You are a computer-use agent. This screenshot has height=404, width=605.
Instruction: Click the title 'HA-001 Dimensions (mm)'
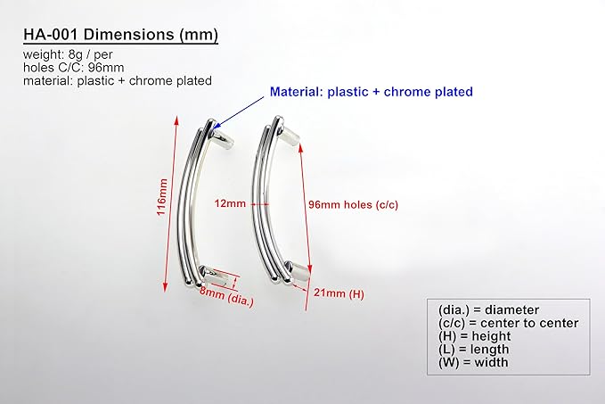click(121, 35)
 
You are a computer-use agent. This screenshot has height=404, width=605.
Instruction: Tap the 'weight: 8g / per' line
click(68, 54)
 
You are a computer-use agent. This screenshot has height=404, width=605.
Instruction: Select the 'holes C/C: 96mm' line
click(74, 68)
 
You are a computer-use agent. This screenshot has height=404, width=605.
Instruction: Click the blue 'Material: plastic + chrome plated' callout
click(372, 92)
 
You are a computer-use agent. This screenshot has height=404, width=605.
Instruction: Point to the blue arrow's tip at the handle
click(214, 128)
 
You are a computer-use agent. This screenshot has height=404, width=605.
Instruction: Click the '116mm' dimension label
click(162, 197)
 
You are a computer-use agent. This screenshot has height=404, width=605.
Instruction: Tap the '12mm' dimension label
click(231, 203)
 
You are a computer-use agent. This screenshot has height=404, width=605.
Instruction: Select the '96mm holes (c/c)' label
click(353, 205)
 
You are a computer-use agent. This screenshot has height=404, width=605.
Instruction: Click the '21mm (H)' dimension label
click(339, 293)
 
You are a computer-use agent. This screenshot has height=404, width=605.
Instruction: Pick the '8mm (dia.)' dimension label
click(227, 297)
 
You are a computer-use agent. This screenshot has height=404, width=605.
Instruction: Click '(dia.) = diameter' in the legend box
click(488, 310)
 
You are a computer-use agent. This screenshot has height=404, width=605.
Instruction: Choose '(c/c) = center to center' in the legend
click(508, 323)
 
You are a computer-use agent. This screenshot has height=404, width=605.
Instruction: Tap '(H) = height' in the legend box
click(475, 336)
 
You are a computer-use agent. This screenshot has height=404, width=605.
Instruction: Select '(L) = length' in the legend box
click(473, 350)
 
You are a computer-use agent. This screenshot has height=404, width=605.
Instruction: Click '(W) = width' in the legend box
click(473, 363)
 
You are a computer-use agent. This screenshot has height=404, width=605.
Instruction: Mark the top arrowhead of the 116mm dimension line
click(176, 120)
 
